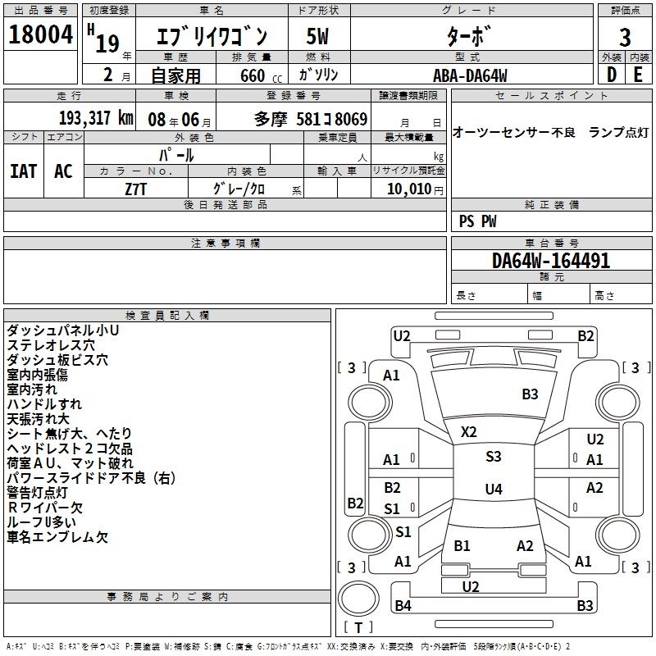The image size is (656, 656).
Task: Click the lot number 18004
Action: (40, 34)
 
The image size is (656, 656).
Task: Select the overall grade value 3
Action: (625, 38)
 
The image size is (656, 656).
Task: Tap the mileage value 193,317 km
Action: (96, 118)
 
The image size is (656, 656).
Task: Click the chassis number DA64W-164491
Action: (551, 261)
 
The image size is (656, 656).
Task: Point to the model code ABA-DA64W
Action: (470, 75)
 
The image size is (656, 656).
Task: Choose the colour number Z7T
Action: (135, 189)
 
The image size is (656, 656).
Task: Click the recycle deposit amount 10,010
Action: (409, 189)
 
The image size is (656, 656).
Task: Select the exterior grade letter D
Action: (612, 75)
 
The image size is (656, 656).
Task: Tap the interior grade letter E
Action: (638, 75)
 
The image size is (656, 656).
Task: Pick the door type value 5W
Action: (317, 36)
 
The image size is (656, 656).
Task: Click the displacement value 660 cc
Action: (261, 76)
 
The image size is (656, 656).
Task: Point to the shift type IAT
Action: (24, 171)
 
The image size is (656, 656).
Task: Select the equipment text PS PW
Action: (477, 221)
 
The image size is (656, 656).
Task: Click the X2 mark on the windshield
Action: (468, 431)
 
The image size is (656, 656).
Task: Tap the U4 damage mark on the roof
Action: (494, 489)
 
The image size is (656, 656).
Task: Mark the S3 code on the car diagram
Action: (494, 456)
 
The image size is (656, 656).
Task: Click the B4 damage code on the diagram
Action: (403, 605)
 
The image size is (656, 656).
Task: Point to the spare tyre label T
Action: (358, 627)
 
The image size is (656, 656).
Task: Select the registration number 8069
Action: (351, 119)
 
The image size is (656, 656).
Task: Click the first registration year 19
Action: (107, 43)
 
